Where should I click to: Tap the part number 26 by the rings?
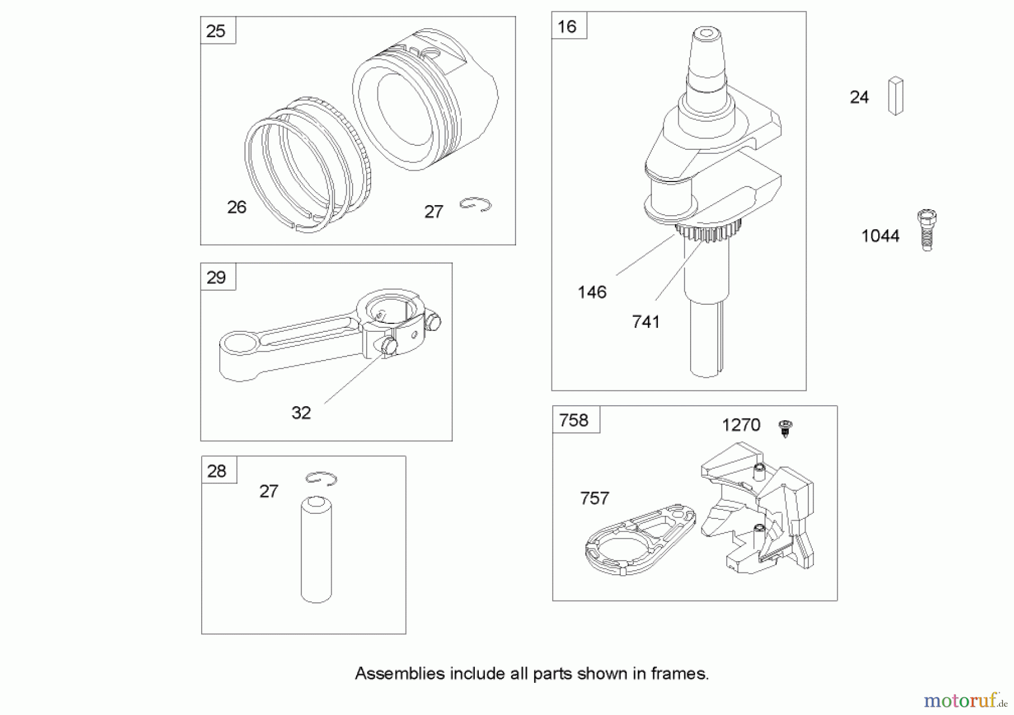pyautogui.click(x=237, y=207)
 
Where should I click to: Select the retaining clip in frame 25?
pyautogui.click(x=475, y=204)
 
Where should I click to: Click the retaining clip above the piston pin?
pyautogui.click(x=321, y=478)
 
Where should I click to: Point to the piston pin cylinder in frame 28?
pyautogui.click(x=316, y=549)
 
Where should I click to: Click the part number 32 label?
pyautogui.click(x=301, y=413)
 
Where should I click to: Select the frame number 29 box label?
pyautogui.click(x=217, y=277)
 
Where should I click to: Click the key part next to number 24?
pyautogui.click(x=895, y=96)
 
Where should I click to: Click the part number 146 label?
pyautogui.click(x=591, y=292)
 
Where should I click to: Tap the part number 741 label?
pyautogui.click(x=646, y=322)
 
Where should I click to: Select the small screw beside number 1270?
pyautogui.click(x=785, y=428)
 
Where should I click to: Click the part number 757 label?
pyautogui.click(x=594, y=498)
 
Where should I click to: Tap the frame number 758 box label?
pyautogui.click(x=574, y=420)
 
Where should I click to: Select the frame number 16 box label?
pyautogui.click(x=567, y=26)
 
